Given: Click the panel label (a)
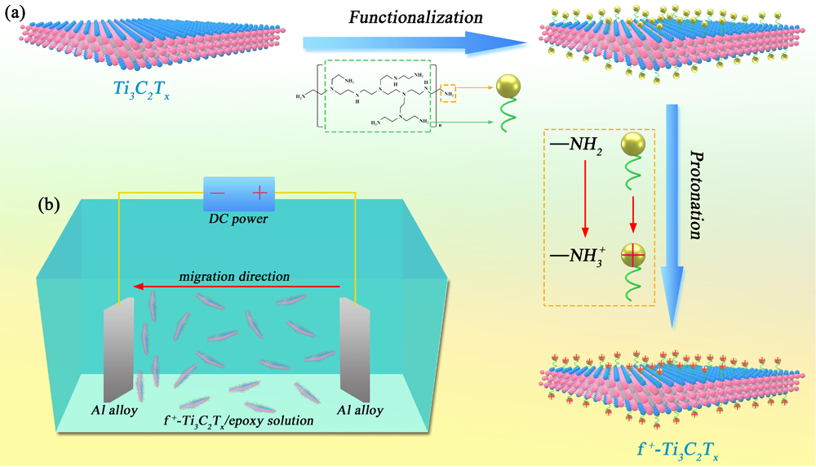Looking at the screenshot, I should tap(21, 15).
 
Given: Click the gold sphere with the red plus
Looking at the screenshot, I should tap(632, 256).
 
